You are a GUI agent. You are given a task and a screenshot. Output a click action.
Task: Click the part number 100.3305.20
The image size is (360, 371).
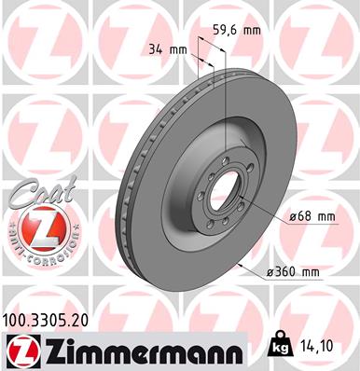tap(53, 318)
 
